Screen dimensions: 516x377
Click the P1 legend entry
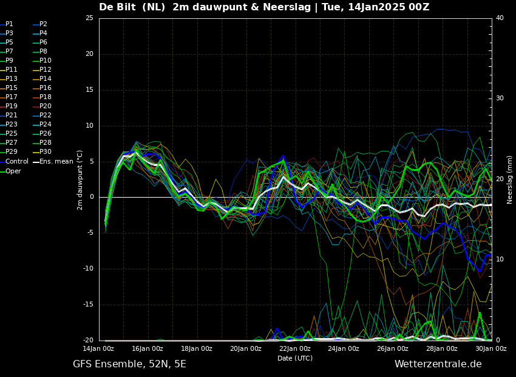[x=7, y=24]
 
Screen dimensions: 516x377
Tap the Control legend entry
[x=15, y=162]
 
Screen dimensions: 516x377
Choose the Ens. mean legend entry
[x=53, y=162]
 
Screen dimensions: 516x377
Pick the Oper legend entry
[x=11, y=171]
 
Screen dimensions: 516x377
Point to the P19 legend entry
[x=9, y=106]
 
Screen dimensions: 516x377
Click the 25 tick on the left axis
[x=89, y=18]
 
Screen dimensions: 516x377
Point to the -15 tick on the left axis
[x=88, y=305]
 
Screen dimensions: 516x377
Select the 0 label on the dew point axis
[x=92, y=197]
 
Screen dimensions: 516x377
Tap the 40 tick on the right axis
[x=500, y=18]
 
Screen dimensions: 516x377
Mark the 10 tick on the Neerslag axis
[x=500, y=260]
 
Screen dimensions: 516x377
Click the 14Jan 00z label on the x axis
[x=98, y=348]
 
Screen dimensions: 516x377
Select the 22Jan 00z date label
[x=295, y=348]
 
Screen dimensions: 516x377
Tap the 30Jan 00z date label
[x=491, y=348]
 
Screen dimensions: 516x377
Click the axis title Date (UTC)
[x=295, y=358]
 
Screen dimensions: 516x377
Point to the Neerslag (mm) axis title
[x=510, y=180]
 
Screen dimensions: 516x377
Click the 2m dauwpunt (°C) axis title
[x=80, y=180]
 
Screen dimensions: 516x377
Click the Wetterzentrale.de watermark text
[x=438, y=364]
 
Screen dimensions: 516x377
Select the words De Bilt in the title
[x=118, y=7]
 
